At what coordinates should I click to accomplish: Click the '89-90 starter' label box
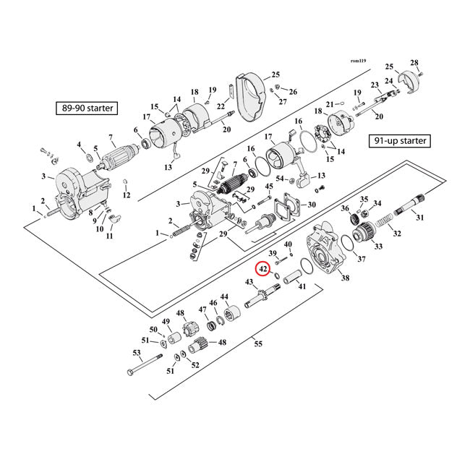[87, 109]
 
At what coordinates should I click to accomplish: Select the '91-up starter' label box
[398, 140]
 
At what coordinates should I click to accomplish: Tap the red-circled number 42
[264, 269]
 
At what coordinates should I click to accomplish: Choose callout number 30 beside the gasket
[312, 205]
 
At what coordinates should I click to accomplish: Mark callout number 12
[127, 195]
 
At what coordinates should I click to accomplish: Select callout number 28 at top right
[414, 62]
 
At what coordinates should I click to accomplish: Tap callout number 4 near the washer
[79, 145]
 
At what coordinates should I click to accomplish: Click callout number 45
[269, 187]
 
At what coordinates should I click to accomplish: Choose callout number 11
[109, 236]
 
